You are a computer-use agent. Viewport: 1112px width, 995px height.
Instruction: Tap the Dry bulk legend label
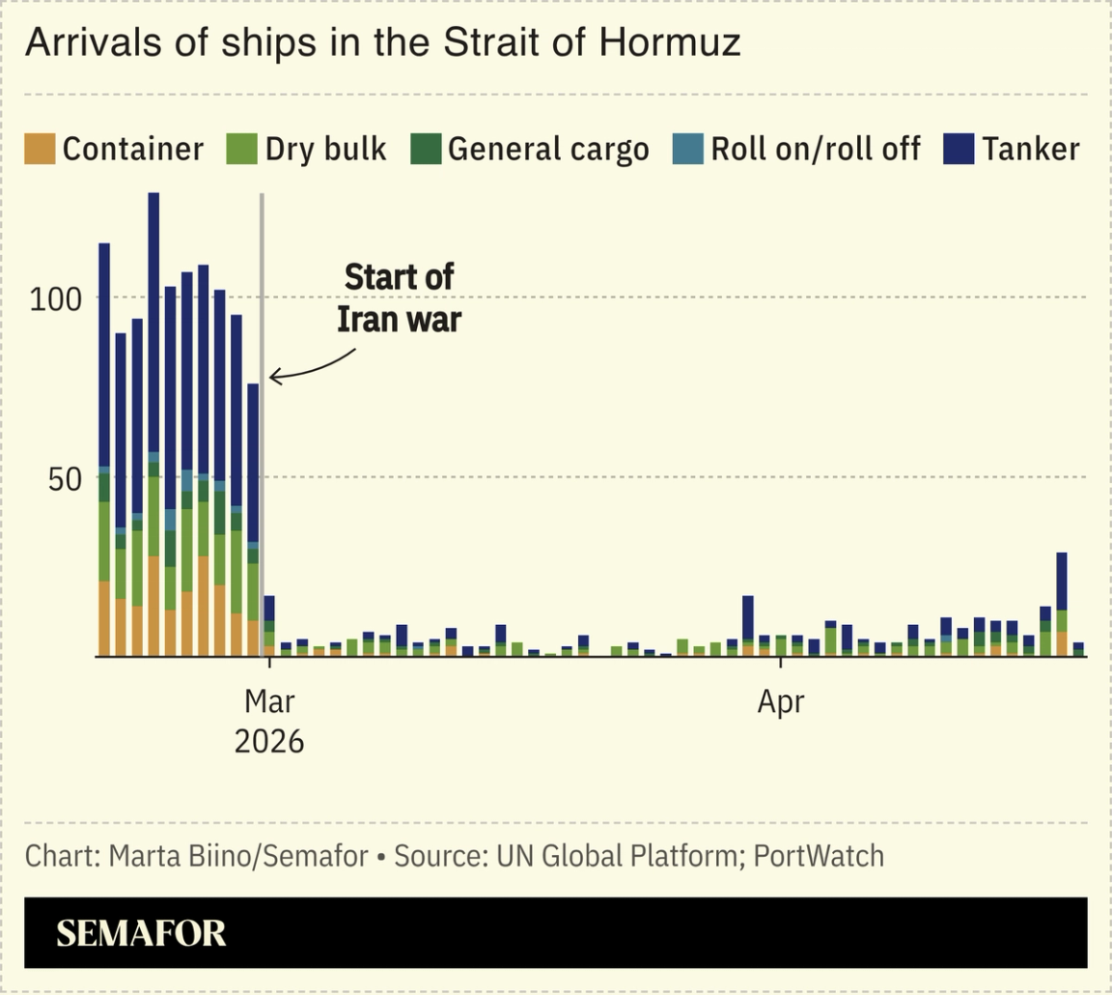click(325, 149)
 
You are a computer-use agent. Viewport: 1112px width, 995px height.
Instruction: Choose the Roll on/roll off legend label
click(815, 149)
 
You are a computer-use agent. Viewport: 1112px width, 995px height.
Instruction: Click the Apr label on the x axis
click(780, 702)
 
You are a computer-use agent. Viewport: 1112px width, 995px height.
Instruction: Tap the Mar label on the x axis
click(269, 702)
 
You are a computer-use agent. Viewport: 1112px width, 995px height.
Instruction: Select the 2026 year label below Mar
click(269, 741)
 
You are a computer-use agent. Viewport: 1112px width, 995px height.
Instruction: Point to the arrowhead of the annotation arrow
click(273, 377)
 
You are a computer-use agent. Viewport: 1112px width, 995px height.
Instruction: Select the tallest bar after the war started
click(1062, 604)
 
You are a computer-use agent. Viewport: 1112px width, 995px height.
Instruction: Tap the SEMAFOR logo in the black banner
click(141, 933)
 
